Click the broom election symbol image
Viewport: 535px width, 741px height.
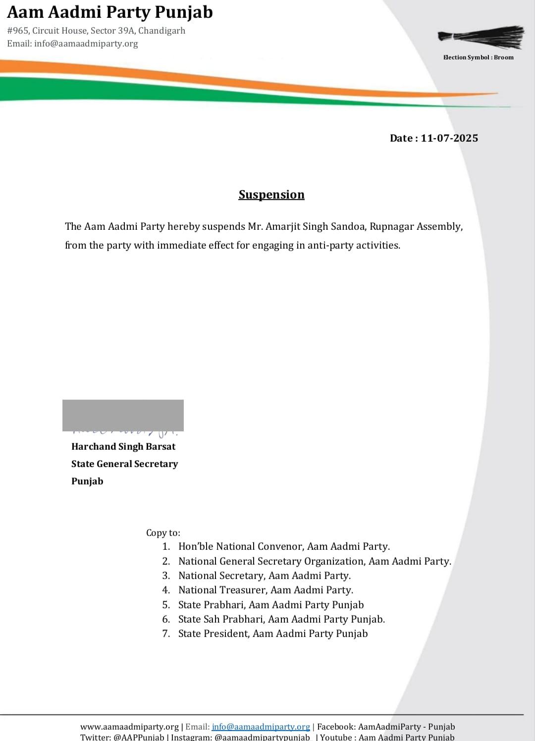pos(481,37)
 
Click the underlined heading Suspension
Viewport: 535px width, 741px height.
pos(271,195)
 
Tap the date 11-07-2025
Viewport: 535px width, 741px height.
pos(449,138)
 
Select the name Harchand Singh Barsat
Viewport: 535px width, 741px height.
pos(123,446)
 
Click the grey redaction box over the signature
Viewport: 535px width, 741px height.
pos(123,415)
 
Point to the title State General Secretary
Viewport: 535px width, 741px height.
pos(124,464)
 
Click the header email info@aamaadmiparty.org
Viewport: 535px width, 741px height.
pos(86,44)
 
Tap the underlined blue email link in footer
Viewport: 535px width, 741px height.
pos(261,727)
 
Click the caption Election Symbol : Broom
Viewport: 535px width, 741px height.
pos(478,57)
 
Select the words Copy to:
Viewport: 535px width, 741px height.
pos(163,533)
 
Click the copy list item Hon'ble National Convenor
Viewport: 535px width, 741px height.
pos(284,546)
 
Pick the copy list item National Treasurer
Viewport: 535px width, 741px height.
pos(266,590)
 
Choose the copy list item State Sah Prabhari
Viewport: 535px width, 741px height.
pos(281,619)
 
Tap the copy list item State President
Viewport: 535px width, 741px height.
pos(272,634)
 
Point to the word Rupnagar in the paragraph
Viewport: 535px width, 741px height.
pos(391,226)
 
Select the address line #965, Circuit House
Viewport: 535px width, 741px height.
pos(96,31)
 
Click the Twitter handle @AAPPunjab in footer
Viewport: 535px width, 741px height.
pos(139,737)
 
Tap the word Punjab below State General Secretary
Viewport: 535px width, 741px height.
pos(87,481)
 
